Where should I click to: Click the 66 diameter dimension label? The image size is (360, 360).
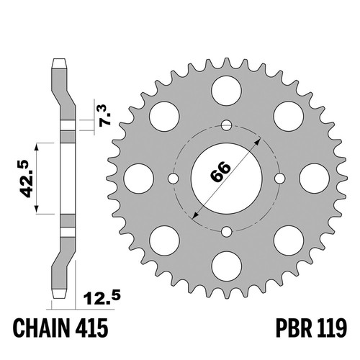point(220,171)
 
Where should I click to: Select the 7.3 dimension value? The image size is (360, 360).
point(105,114)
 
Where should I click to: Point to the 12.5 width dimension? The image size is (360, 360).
point(102,298)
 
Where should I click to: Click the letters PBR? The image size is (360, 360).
point(294,328)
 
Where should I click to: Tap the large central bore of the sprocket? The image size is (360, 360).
point(227,179)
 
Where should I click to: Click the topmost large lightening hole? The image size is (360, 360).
point(227,91)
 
